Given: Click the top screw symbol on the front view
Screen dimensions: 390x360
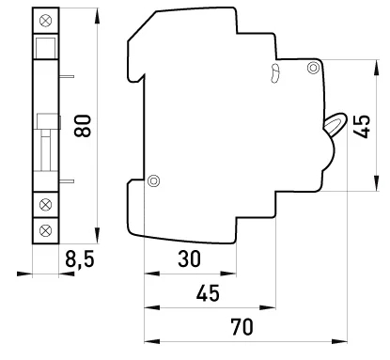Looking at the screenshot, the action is click(46, 21).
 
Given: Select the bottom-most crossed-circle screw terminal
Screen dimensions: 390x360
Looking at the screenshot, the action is click(46, 230).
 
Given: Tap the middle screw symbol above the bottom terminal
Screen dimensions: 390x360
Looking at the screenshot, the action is click(46, 205).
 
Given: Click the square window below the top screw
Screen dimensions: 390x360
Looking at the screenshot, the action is click(46, 48).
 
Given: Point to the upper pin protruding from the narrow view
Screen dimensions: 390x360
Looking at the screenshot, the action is click(67, 76).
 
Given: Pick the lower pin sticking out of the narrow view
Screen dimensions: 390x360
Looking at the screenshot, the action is click(67, 181).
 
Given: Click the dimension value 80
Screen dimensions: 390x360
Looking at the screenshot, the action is click(83, 126).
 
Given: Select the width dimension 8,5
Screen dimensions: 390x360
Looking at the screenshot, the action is click(80, 259).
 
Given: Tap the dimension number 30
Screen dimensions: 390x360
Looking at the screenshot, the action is click(189, 258).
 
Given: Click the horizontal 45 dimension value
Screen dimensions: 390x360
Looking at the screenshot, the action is click(208, 293).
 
